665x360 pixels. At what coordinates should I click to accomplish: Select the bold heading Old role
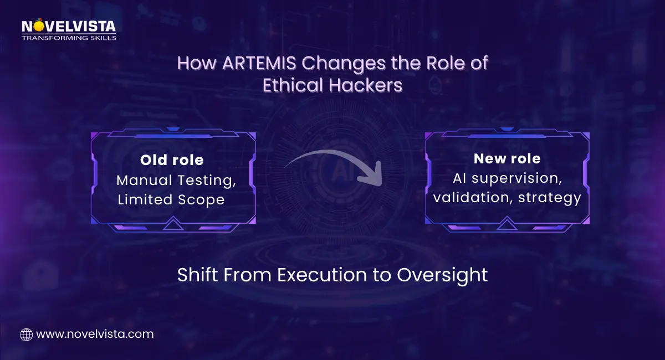(172, 160)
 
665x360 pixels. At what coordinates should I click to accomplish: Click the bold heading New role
(507, 158)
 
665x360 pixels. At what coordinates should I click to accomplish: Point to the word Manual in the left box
(142, 180)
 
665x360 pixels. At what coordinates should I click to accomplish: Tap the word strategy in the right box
(549, 197)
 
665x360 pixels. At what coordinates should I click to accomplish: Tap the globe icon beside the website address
(26, 335)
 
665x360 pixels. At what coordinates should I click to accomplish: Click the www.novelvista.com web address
(95, 335)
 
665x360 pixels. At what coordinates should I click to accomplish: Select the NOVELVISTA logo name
(68, 27)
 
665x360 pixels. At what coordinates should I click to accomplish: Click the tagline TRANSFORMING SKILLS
(69, 38)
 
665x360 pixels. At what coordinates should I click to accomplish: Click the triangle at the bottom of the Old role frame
(173, 224)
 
